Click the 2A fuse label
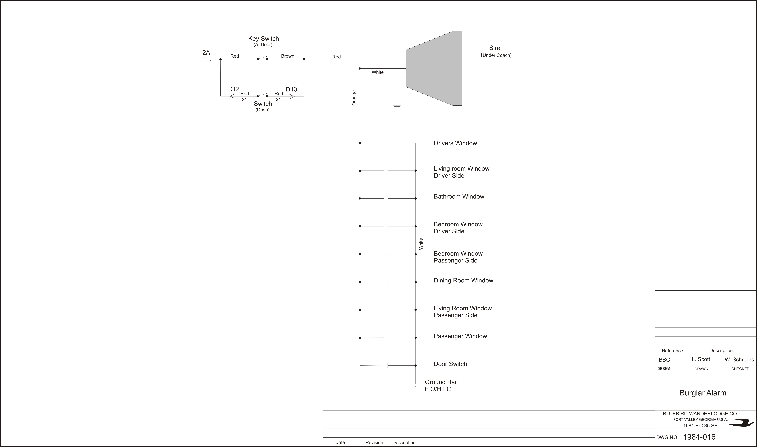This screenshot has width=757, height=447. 206,52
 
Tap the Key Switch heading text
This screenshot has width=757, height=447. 263,39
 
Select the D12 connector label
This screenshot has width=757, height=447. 234,89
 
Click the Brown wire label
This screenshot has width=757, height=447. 287,56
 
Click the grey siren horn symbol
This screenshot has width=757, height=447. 434,68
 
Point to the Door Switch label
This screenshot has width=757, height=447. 450,364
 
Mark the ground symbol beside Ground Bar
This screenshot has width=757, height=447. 416,385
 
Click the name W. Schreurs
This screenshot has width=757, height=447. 739,360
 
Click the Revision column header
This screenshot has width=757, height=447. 374,442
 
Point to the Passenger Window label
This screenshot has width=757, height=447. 460,336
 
